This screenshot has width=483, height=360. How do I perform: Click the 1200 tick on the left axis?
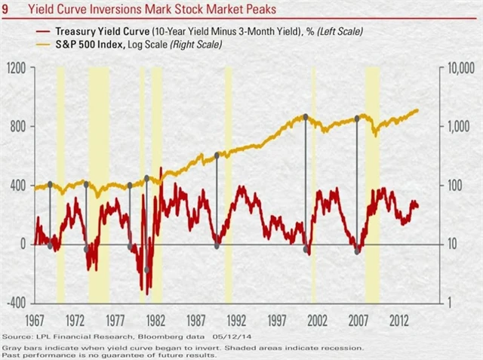coord(17,68)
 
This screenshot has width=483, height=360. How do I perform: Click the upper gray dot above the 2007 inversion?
coord(356,118)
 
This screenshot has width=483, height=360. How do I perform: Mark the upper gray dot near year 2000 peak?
coord(305,116)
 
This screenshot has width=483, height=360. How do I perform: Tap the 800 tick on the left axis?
coord(19,127)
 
